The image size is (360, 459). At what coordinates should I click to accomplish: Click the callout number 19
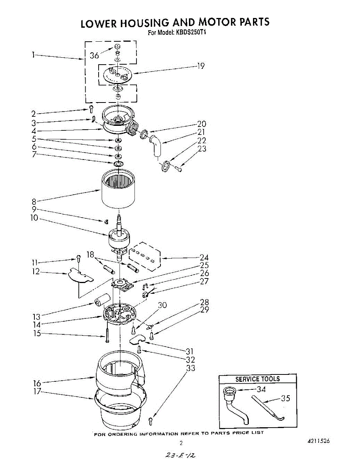(x=201, y=66)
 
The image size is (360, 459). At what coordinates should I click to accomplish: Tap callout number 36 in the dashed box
(x=94, y=55)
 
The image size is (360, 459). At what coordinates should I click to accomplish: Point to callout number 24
(x=204, y=258)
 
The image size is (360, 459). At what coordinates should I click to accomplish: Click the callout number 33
(x=190, y=368)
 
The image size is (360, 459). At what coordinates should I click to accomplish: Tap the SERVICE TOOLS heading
(x=257, y=379)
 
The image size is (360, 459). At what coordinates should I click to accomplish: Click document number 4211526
(x=318, y=441)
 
